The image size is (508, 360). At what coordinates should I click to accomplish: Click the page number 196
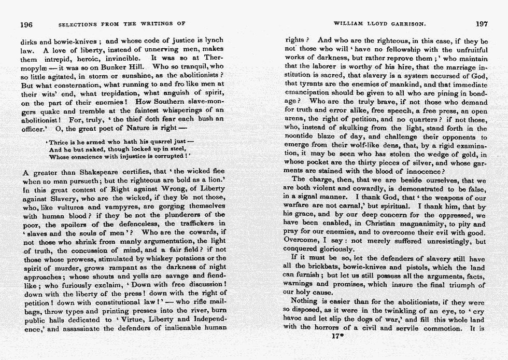coord(26,24)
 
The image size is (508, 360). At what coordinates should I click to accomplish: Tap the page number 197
coord(482,23)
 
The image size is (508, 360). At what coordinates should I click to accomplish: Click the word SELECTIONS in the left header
coord(78,24)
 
